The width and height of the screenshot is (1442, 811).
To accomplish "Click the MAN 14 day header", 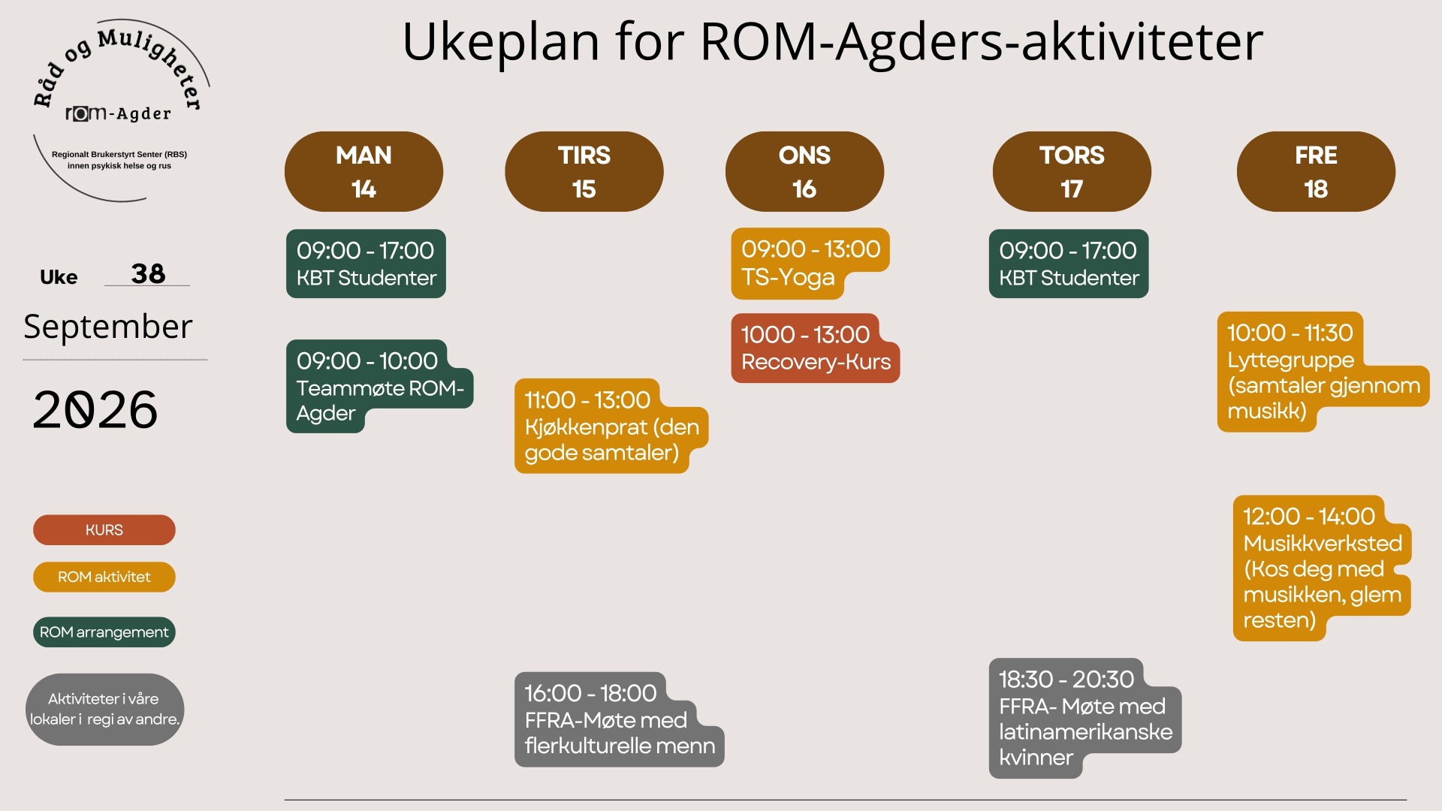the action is (364, 171).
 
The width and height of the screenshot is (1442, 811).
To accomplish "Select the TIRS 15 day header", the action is (584, 171).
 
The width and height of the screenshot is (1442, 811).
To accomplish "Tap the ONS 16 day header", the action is (804, 171).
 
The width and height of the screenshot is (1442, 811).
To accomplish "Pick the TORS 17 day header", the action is (1072, 171).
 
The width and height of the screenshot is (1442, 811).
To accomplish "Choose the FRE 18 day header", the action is (1316, 171).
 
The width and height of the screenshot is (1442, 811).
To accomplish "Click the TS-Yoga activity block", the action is (810, 263).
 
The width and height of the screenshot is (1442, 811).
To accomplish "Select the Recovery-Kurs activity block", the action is (815, 348).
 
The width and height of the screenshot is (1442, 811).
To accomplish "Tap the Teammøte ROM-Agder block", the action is (379, 386).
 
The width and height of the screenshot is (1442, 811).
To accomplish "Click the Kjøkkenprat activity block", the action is (611, 426).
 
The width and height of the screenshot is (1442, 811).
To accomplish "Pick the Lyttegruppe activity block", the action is (1322, 372).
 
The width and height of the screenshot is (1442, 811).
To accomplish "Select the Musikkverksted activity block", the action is (1322, 568).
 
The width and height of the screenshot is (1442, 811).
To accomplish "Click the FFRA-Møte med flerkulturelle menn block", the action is (618, 719).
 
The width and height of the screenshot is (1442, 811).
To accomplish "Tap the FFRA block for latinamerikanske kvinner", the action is (1085, 718).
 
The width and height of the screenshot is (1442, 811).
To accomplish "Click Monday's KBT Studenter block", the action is (366, 264).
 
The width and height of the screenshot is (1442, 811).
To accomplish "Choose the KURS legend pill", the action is (104, 530).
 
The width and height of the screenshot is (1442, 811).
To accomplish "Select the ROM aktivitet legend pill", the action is (104, 577).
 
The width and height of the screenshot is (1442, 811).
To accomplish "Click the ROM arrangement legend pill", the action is (104, 632).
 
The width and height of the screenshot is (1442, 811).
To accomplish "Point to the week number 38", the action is (148, 273).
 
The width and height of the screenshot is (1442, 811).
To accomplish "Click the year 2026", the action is (95, 410).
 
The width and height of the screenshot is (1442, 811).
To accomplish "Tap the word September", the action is (108, 327).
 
